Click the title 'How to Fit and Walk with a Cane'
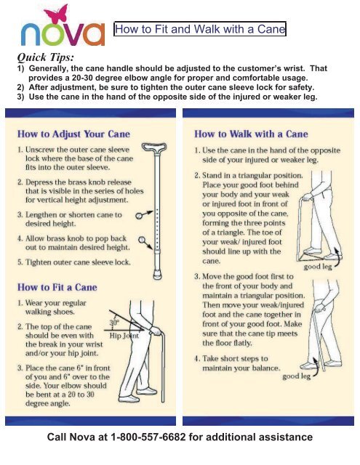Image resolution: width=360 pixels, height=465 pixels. [200, 30]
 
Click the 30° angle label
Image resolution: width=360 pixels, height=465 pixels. [113, 323]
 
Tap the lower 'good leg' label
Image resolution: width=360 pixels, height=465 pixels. [299, 376]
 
